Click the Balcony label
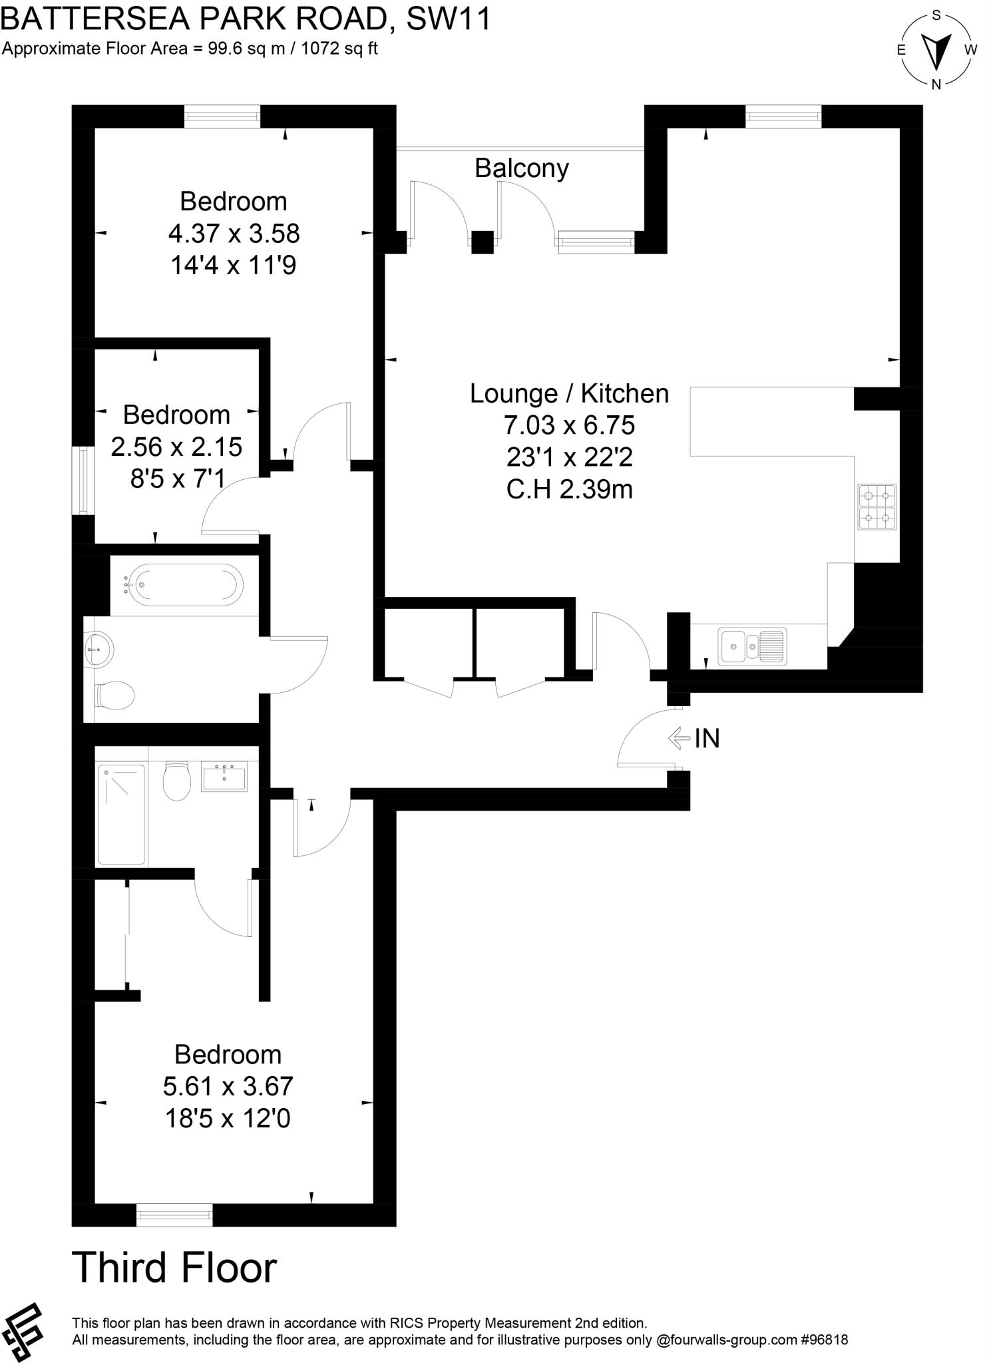[521, 168]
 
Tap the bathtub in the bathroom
[183, 585]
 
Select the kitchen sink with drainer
[752, 646]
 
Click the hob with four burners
[876, 507]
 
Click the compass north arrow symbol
[936, 50]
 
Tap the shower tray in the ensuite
[122, 814]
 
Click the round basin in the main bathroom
[100, 648]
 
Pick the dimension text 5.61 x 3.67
[228, 1086]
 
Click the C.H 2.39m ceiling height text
[569, 489]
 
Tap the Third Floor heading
[174, 1267]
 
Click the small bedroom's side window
[83, 481]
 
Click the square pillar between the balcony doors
[483, 242]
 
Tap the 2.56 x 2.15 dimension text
[176, 447]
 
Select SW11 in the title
[449, 19]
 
